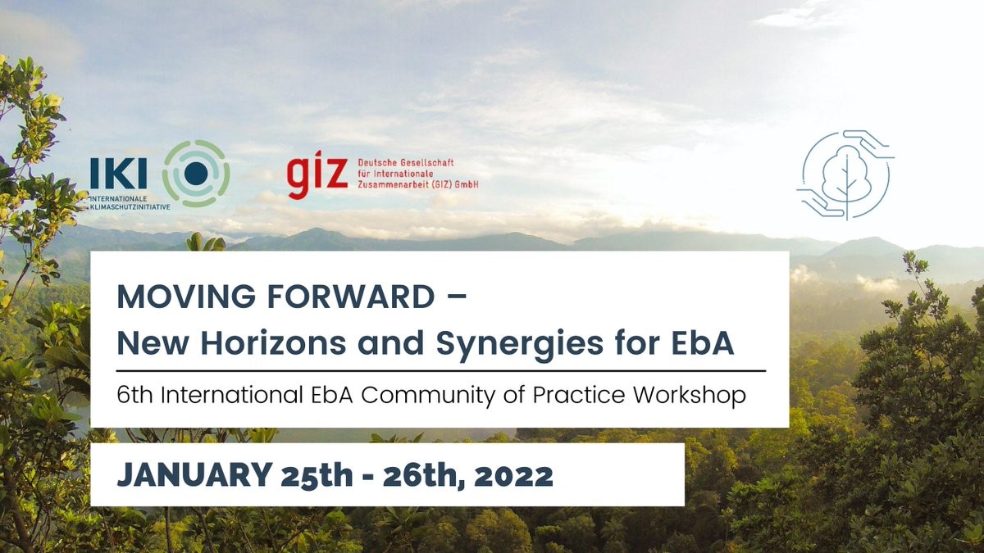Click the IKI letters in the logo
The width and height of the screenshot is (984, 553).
pyautogui.click(x=119, y=174)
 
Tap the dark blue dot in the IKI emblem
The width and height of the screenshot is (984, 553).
pyautogui.click(x=196, y=173)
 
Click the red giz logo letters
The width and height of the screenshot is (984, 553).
pyautogui.click(x=317, y=176)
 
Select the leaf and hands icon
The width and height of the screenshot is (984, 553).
pyautogui.click(x=845, y=175)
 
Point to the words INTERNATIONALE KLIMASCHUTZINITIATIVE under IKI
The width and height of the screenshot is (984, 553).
pyautogui.click(x=130, y=203)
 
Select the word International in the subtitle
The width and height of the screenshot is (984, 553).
pyautogui.click(x=230, y=395)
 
